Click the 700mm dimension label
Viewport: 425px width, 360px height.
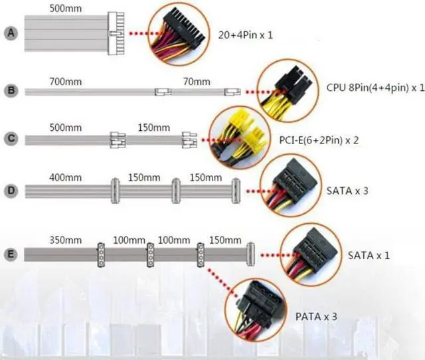(x=65, y=82)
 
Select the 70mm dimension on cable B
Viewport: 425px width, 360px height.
(x=196, y=82)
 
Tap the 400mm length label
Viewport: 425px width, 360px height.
(x=66, y=178)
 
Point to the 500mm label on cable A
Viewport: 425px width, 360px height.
(x=66, y=9)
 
